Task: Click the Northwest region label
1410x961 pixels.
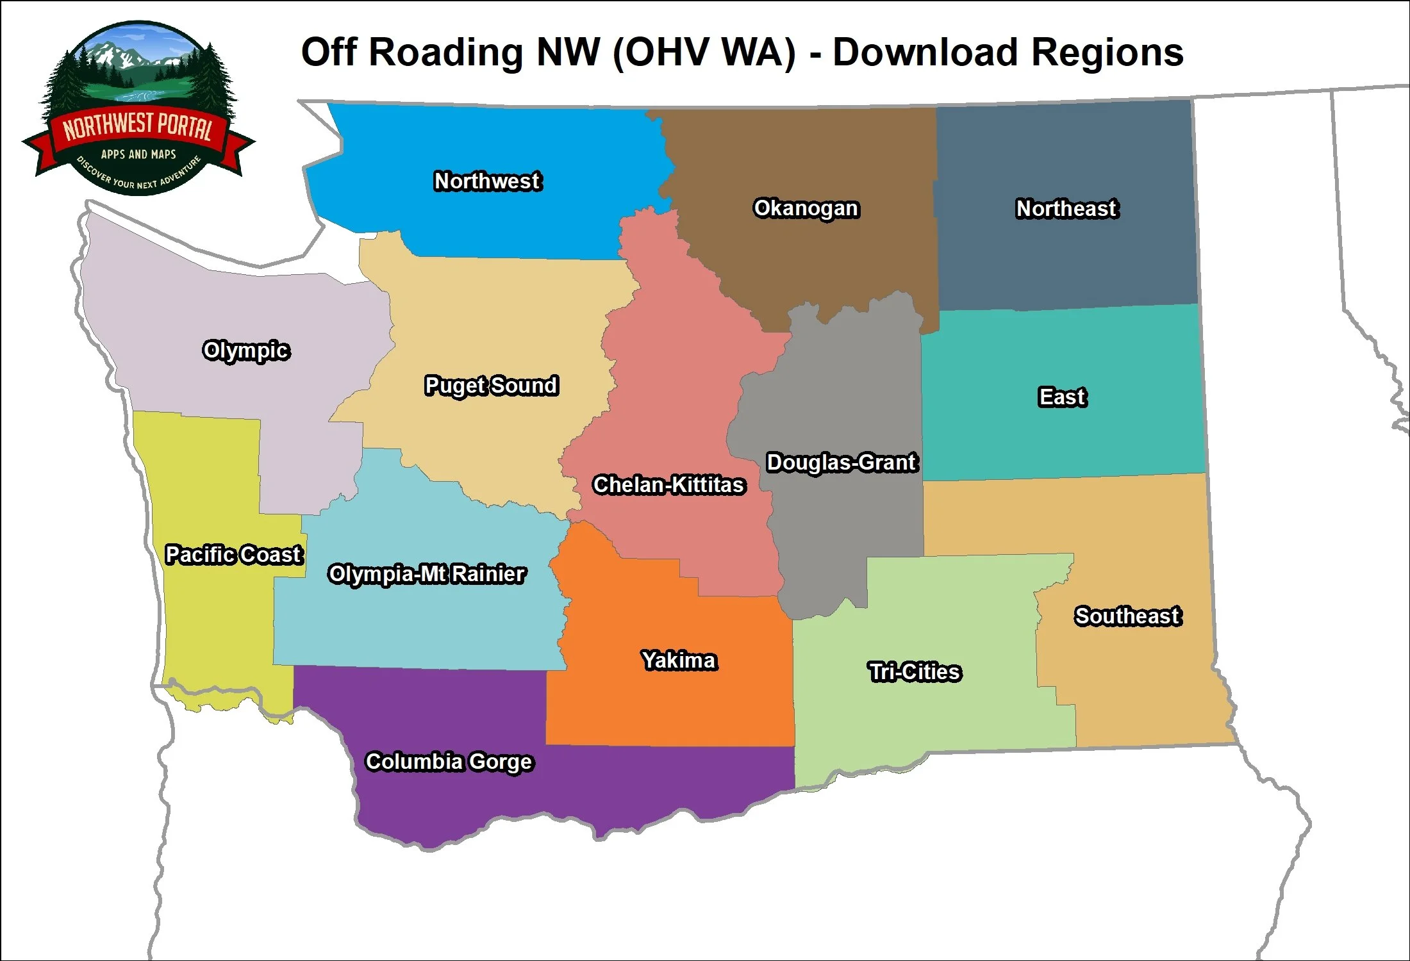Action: [x=487, y=181]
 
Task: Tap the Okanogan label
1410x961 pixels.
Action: [x=806, y=208]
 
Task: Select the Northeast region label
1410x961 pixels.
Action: [x=1066, y=208]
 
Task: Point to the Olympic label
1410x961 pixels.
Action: [x=246, y=350]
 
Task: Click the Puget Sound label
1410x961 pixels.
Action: [x=491, y=385]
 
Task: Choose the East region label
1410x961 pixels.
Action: [x=1062, y=397]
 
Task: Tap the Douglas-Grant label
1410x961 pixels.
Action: [x=842, y=462]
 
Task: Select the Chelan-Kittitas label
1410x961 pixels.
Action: [x=668, y=485]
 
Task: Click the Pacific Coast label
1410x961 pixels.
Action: [x=233, y=554]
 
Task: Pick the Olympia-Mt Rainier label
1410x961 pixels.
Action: [x=426, y=573]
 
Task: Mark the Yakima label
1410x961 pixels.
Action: [x=679, y=660]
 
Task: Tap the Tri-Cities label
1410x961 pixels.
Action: [x=915, y=671]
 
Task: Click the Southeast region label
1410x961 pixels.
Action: [x=1127, y=616]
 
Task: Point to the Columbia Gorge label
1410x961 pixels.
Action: [x=449, y=761]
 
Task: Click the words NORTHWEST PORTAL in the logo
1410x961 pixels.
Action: [x=137, y=126]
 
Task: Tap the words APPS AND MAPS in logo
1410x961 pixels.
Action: [x=138, y=154]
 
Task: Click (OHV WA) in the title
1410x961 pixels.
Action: [x=704, y=52]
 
